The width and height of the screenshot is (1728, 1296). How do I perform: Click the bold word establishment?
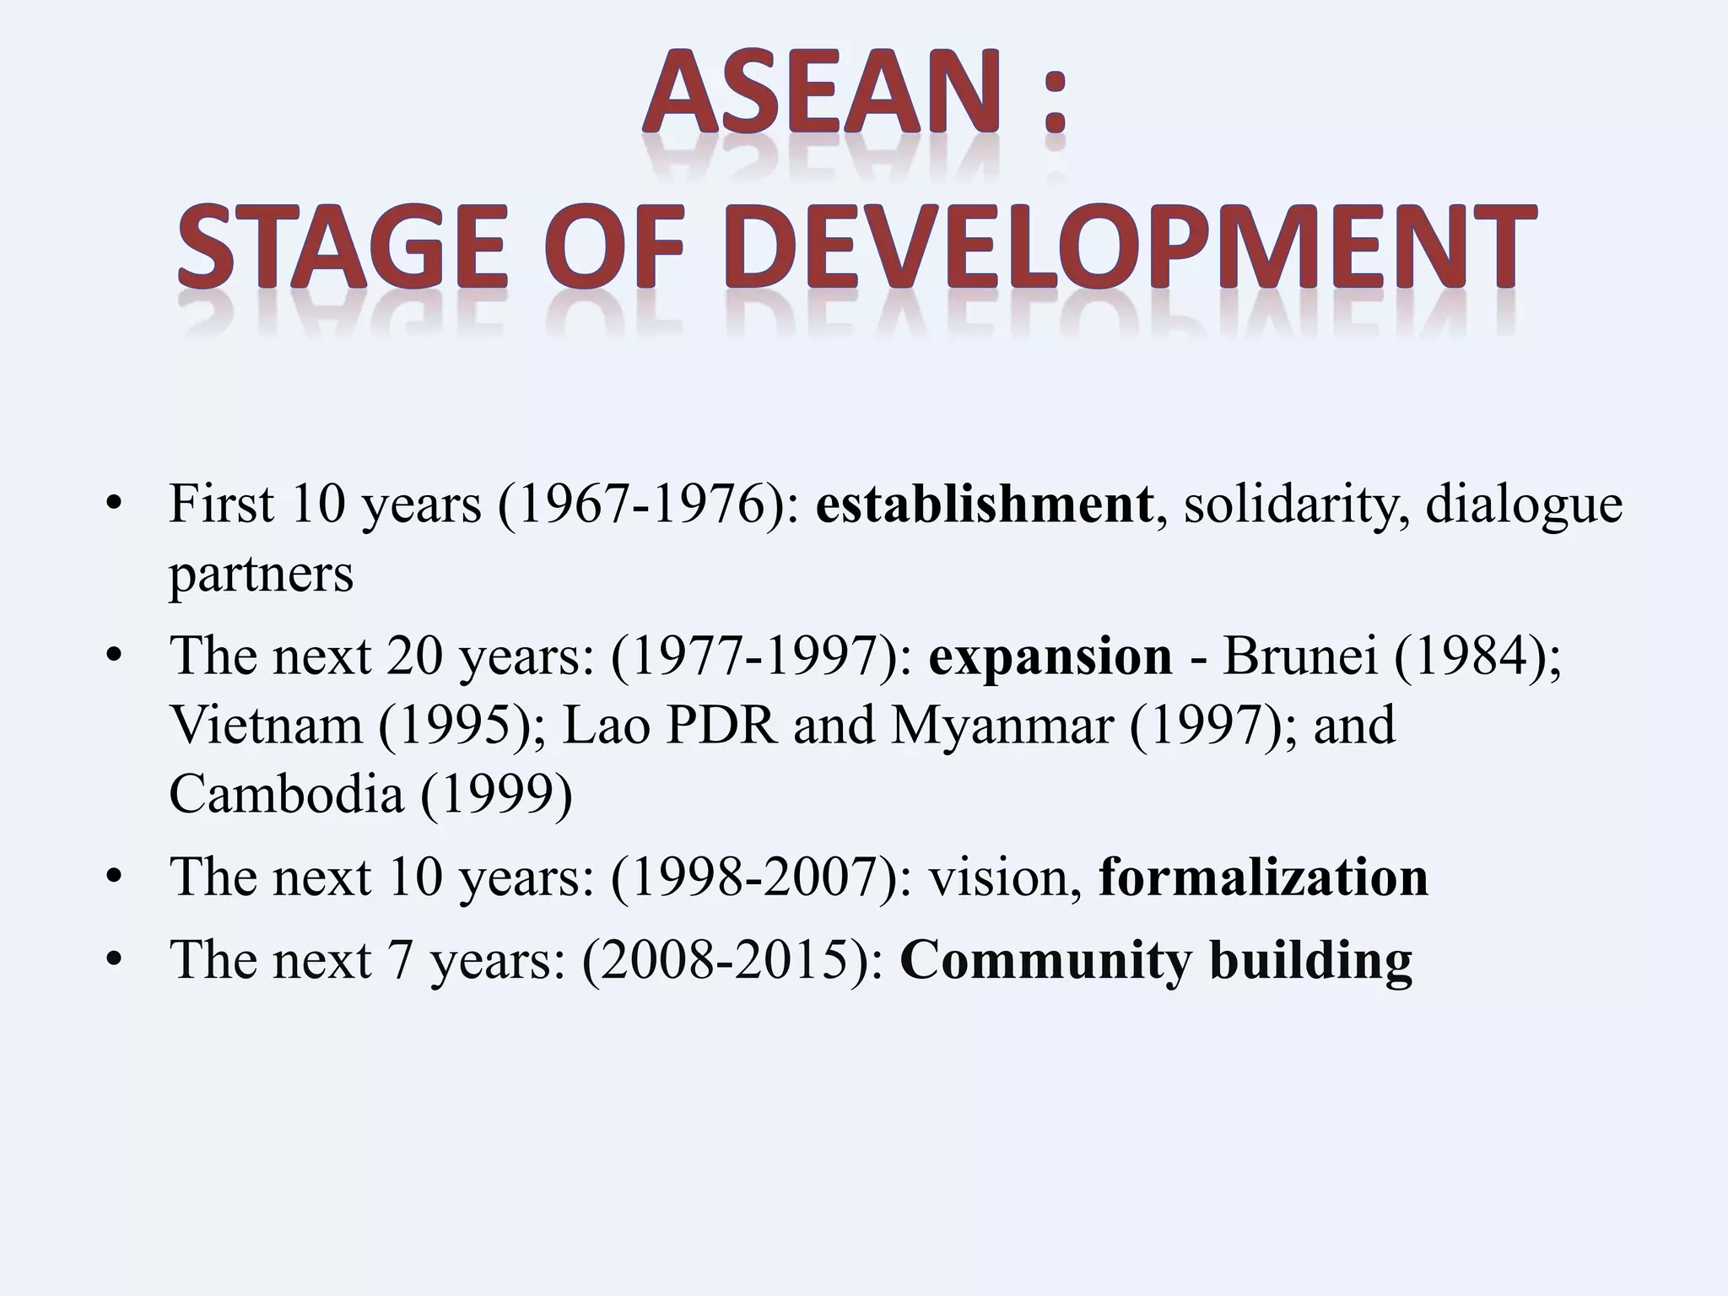984,505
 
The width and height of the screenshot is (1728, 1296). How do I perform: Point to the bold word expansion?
1050,656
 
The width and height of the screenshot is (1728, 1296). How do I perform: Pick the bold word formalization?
1263,877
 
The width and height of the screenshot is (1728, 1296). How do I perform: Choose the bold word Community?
1046,960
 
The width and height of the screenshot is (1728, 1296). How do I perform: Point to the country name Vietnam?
265,725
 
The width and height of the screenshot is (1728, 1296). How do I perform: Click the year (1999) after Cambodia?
496,794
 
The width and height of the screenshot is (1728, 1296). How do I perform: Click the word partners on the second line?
261,575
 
